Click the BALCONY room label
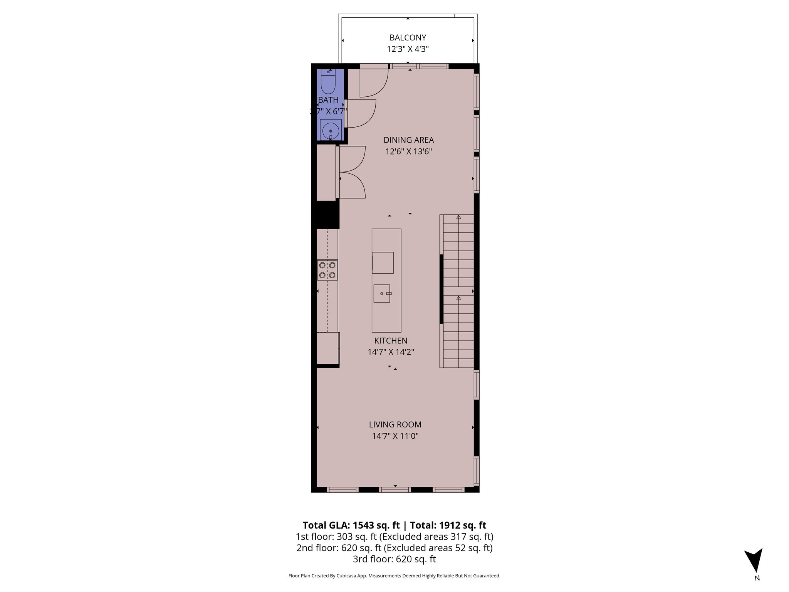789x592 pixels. click(408, 38)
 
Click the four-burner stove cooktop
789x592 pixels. click(327, 270)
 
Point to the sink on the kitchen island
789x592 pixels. click(382, 294)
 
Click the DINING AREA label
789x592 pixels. click(408, 140)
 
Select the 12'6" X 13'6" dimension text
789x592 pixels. click(408, 151)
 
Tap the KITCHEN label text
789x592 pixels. click(391, 341)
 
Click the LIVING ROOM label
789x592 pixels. click(395, 424)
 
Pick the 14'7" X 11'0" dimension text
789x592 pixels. click(395, 436)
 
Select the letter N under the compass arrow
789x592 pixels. click(757, 578)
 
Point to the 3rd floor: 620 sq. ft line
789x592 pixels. click(394, 559)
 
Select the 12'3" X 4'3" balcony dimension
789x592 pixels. click(408, 49)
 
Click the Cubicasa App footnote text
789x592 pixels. click(394, 576)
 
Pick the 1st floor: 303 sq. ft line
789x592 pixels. click(394, 536)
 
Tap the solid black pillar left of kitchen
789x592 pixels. click(325, 215)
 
